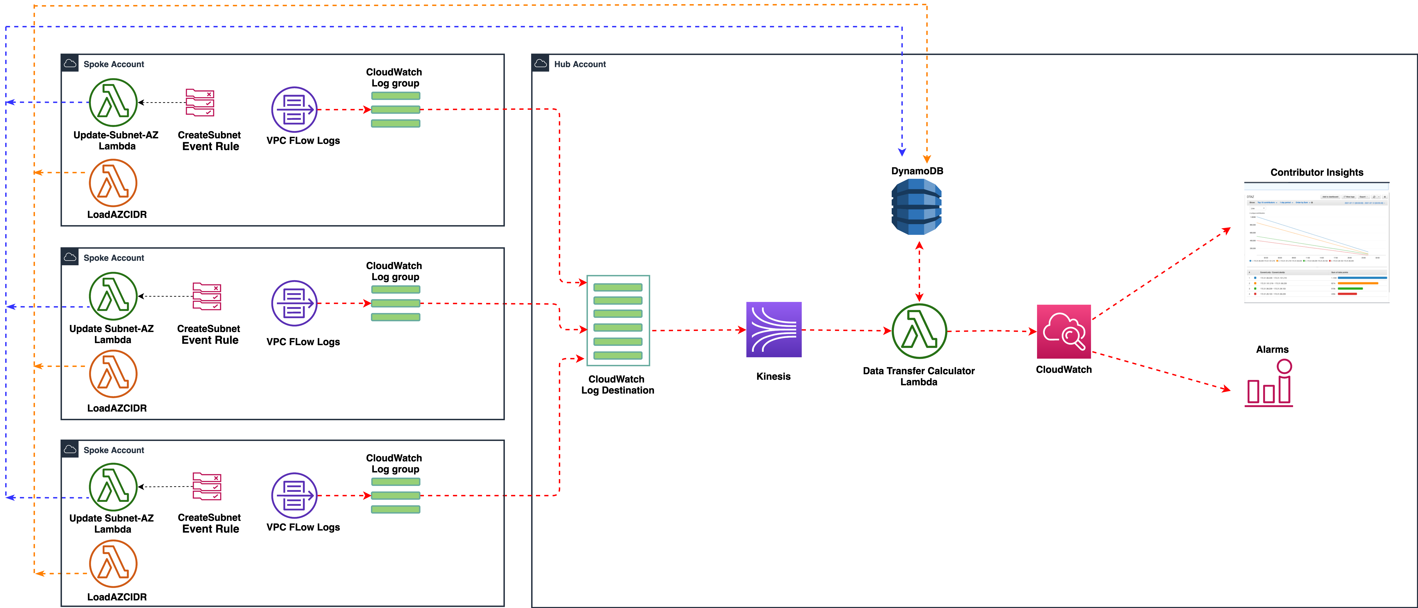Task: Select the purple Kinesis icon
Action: pyautogui.click(x=773, y=330)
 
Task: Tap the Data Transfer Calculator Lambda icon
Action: pyautogui.click(x=919, y=331)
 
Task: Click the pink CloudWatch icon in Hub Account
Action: pyautogui.click(x=1063, y=332)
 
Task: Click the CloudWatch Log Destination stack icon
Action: pyautogui.click(x=618, y=321)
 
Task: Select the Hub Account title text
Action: pyautogui.click(x=580, y=64)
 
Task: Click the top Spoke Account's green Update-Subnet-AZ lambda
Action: pyautogui.click(x=113, y=102)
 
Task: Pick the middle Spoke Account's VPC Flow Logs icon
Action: pyautogui.click(x=294, y=303)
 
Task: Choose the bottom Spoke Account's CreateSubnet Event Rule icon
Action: pyautogui.click(x=207, y=486)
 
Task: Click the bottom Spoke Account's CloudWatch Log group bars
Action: pyautogui.click(x=395, y=495)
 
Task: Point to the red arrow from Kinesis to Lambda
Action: pyautogui.click(x=846, y=330)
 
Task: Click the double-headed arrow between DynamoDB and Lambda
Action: pyautogui.click(x=919, y=271)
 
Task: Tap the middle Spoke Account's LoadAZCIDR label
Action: pyautogui.click(x=117, y=408)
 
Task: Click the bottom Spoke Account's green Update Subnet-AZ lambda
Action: pyautogui.click(x=113, y=487)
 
